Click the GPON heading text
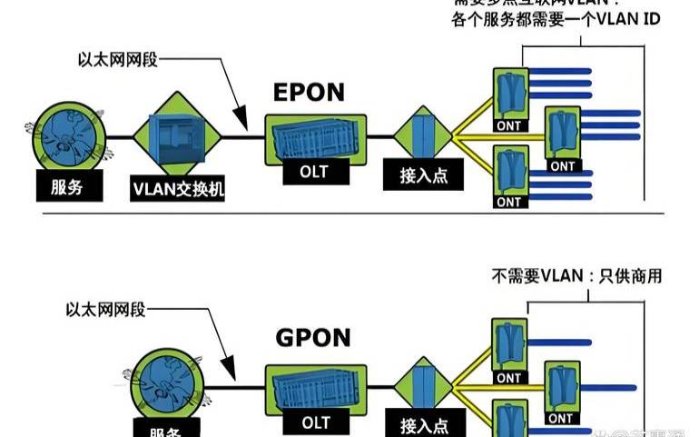[312, 338]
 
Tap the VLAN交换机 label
[178, 189]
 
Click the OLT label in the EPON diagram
[311, 171]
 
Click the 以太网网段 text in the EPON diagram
[117, 61]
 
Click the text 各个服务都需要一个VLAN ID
[555, 20]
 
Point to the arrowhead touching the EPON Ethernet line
[241, 127]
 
